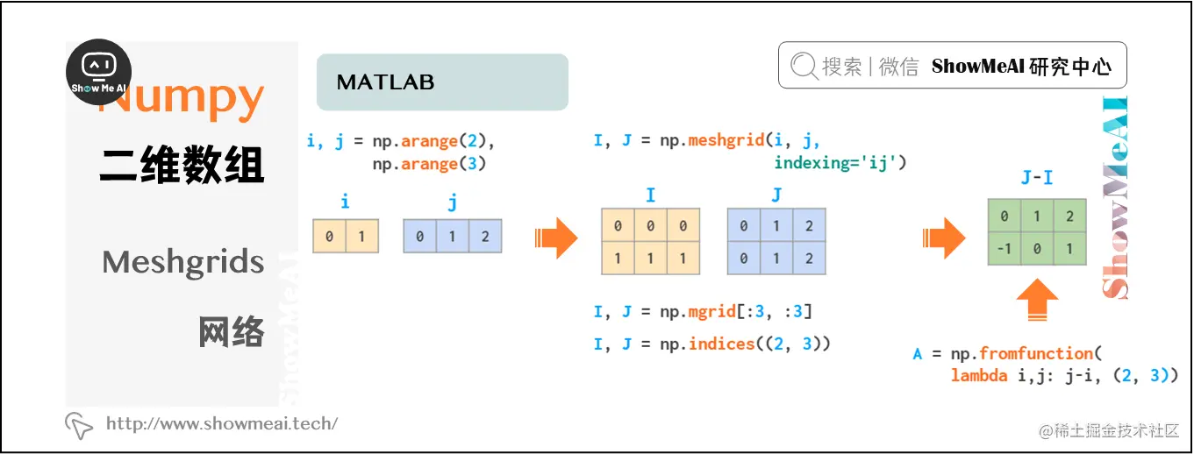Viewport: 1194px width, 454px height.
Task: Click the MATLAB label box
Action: point(442,82)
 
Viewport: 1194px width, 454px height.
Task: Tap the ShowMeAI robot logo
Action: point(99,71)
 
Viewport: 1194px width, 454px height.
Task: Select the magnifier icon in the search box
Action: point(802,67)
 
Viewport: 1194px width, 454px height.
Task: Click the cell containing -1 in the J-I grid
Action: point(1004,249)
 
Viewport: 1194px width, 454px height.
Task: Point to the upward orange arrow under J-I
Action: point(1037,301)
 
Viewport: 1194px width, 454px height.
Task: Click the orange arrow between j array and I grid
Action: point(556,238)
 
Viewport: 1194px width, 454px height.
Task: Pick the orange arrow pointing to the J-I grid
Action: point(943,238)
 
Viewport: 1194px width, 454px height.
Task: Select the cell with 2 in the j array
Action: point(485,237)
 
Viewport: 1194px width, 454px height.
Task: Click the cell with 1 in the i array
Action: point(361,237)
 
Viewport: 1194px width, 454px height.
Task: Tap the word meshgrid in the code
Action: point(726,141)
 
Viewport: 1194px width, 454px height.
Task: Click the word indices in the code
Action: point(721,344)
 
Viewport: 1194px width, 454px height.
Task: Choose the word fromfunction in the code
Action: point(1035,354)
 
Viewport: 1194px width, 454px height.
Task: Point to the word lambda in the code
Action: point(978,376)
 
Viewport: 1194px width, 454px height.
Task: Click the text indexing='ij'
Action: point(839,163)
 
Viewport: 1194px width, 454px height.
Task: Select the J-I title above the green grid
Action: point(1037,179)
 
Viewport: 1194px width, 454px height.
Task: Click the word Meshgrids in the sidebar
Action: point(182,262)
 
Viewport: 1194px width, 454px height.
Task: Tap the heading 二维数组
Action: point(182,166)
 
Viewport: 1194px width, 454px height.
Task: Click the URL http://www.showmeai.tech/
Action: point(221,424)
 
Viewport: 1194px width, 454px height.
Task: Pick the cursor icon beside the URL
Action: point(79,425)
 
